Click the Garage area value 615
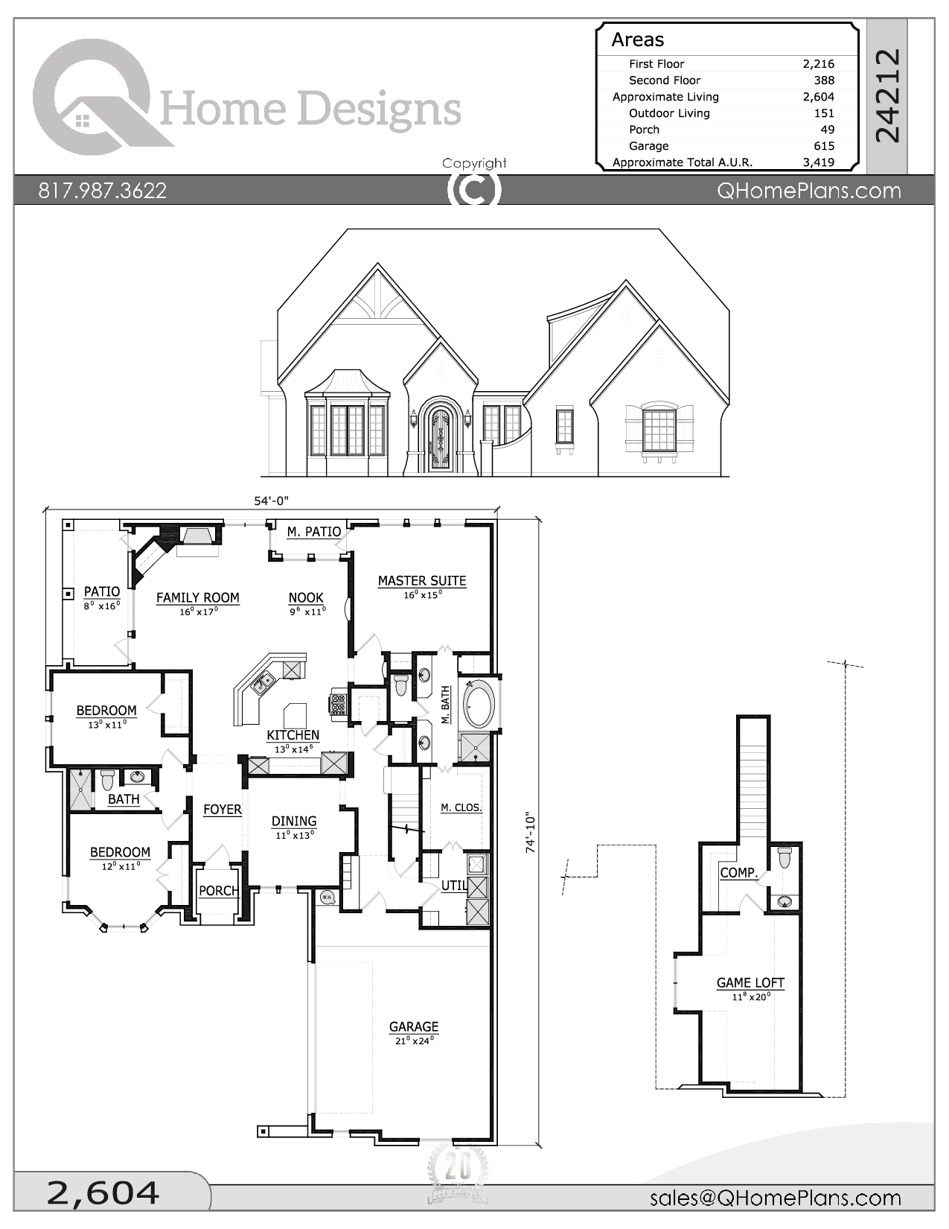coord(823,146)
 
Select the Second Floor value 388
coord(823,80)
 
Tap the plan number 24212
coord(887,95)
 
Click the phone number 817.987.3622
coord(103,191)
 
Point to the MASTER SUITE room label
coord(422,581)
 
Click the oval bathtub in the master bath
coord(476,704)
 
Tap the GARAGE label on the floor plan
coord(414,1026)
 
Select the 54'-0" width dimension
coord(271,501)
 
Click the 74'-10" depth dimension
coord(531,833)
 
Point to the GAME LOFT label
coord(750,982)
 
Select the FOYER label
coord(223,810)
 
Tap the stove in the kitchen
coord(339,704)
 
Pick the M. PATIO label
coord(314,532)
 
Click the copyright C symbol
coord(474,190)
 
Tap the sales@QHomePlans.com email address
coord(775,1198)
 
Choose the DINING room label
coord(294,821)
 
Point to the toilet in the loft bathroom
coord(785,857)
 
